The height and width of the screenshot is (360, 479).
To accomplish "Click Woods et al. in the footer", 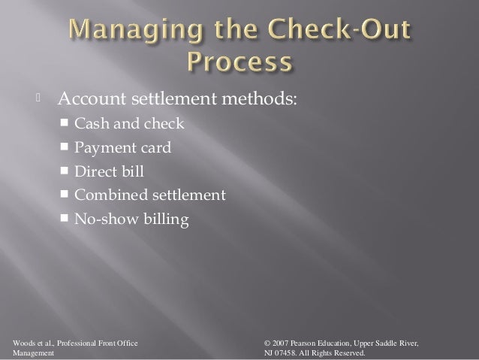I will pyautogui.click(x=27, y=343).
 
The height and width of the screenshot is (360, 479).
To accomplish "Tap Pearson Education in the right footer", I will pyautogui.click(x=333, y=343).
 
